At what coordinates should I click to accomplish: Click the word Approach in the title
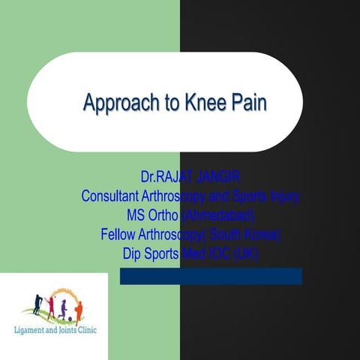click(x=114, y=102)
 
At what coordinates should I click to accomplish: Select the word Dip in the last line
click(x=133, y=253)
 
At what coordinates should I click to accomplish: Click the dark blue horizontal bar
click(x=211, y=276)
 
